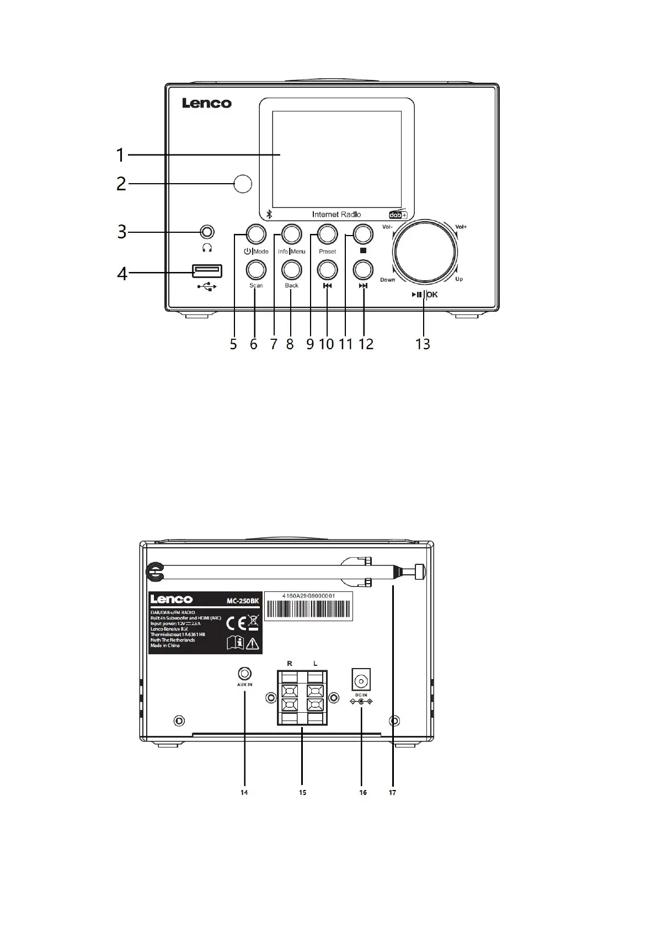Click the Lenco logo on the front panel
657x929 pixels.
[207, 103]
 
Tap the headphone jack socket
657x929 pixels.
[207, 232]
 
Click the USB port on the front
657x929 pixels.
[207, 271]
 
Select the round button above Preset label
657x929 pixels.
[327, 234]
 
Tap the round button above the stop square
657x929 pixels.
[363, 234]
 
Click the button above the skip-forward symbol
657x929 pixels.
[363, 270]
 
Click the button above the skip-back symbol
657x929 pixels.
[327, 270]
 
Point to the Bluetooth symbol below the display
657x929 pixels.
[269, 215]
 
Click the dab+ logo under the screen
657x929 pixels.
[398, 215]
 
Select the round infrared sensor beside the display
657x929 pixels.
[243, 184]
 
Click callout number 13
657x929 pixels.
[423, 344]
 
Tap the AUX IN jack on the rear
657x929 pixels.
[244, 674]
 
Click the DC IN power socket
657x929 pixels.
[361, 679]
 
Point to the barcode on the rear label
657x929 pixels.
[308, 609]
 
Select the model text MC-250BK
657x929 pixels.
[243, 601]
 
